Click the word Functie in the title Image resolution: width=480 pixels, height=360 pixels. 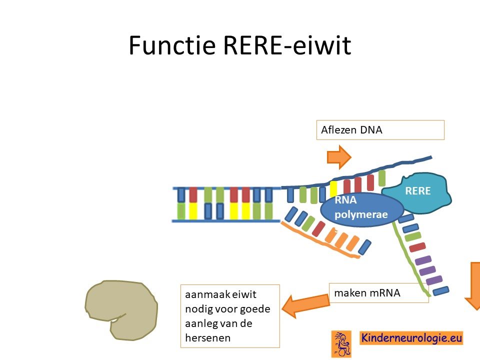point(172,45)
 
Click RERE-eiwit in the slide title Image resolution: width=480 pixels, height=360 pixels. point(287,45)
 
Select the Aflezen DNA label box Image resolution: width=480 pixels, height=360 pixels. point(380,130)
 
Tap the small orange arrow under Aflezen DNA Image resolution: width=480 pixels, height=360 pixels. point(339,157)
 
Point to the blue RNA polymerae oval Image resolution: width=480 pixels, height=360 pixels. point(362,209)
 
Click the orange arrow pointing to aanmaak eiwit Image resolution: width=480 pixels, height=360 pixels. point(305,305)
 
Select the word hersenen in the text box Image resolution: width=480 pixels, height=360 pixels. point(207,338)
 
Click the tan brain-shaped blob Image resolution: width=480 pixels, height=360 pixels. point(121,310)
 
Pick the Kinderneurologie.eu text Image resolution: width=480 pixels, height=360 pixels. point(411,338)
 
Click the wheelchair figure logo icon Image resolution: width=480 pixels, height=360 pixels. point(341,344)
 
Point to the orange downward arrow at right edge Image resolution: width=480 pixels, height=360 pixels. point(473,286)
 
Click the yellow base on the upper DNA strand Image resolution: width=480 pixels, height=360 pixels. point(333,189)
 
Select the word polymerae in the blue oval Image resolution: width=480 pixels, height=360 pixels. point(361,214)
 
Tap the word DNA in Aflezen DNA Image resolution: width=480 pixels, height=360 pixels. point(371,130)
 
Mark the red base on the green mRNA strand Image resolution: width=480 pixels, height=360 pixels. point(417,246)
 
